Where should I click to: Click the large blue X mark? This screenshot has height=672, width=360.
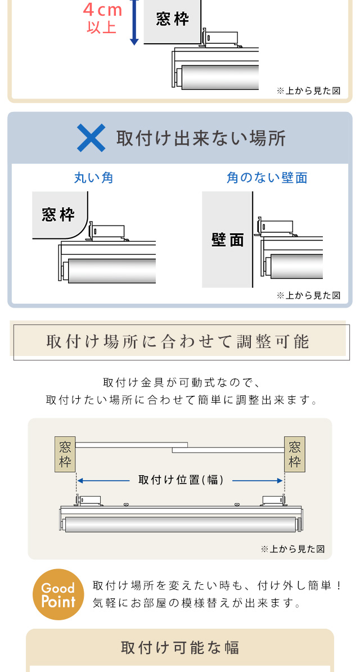[x=91, y=138]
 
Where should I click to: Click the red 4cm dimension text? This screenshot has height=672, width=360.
[x=103, y=10]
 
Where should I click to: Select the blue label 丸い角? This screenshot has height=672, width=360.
[x=94, y=178]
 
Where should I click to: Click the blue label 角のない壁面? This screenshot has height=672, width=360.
[x=267, y=178]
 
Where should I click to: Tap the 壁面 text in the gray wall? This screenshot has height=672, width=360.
[x=228, y=240]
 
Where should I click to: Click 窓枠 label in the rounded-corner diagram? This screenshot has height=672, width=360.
[x=58, y=214]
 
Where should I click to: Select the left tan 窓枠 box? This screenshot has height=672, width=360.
[x=65, y=454]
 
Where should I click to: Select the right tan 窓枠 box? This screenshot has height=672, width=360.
[x=294, y=454]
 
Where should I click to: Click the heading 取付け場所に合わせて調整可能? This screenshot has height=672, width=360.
[x=177, y=341]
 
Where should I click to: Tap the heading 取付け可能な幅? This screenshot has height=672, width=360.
[x=180, y=647]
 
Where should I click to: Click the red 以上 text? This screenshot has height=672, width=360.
[x=102, y=28]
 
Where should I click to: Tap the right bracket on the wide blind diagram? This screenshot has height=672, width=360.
[x=273, y=500]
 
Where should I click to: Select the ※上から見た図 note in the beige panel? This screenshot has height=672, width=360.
[x=292, y=549]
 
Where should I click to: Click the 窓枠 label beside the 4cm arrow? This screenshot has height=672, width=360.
[x=172, y=19]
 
